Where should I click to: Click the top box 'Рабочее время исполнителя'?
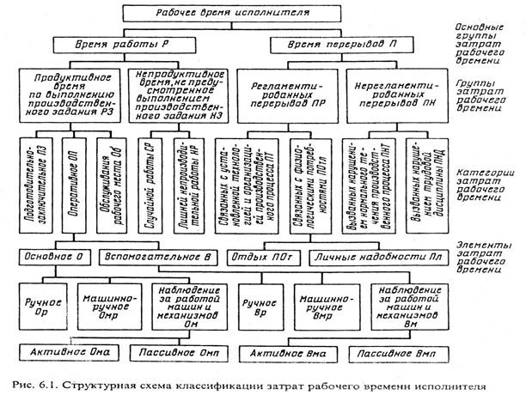coord(229,15)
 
